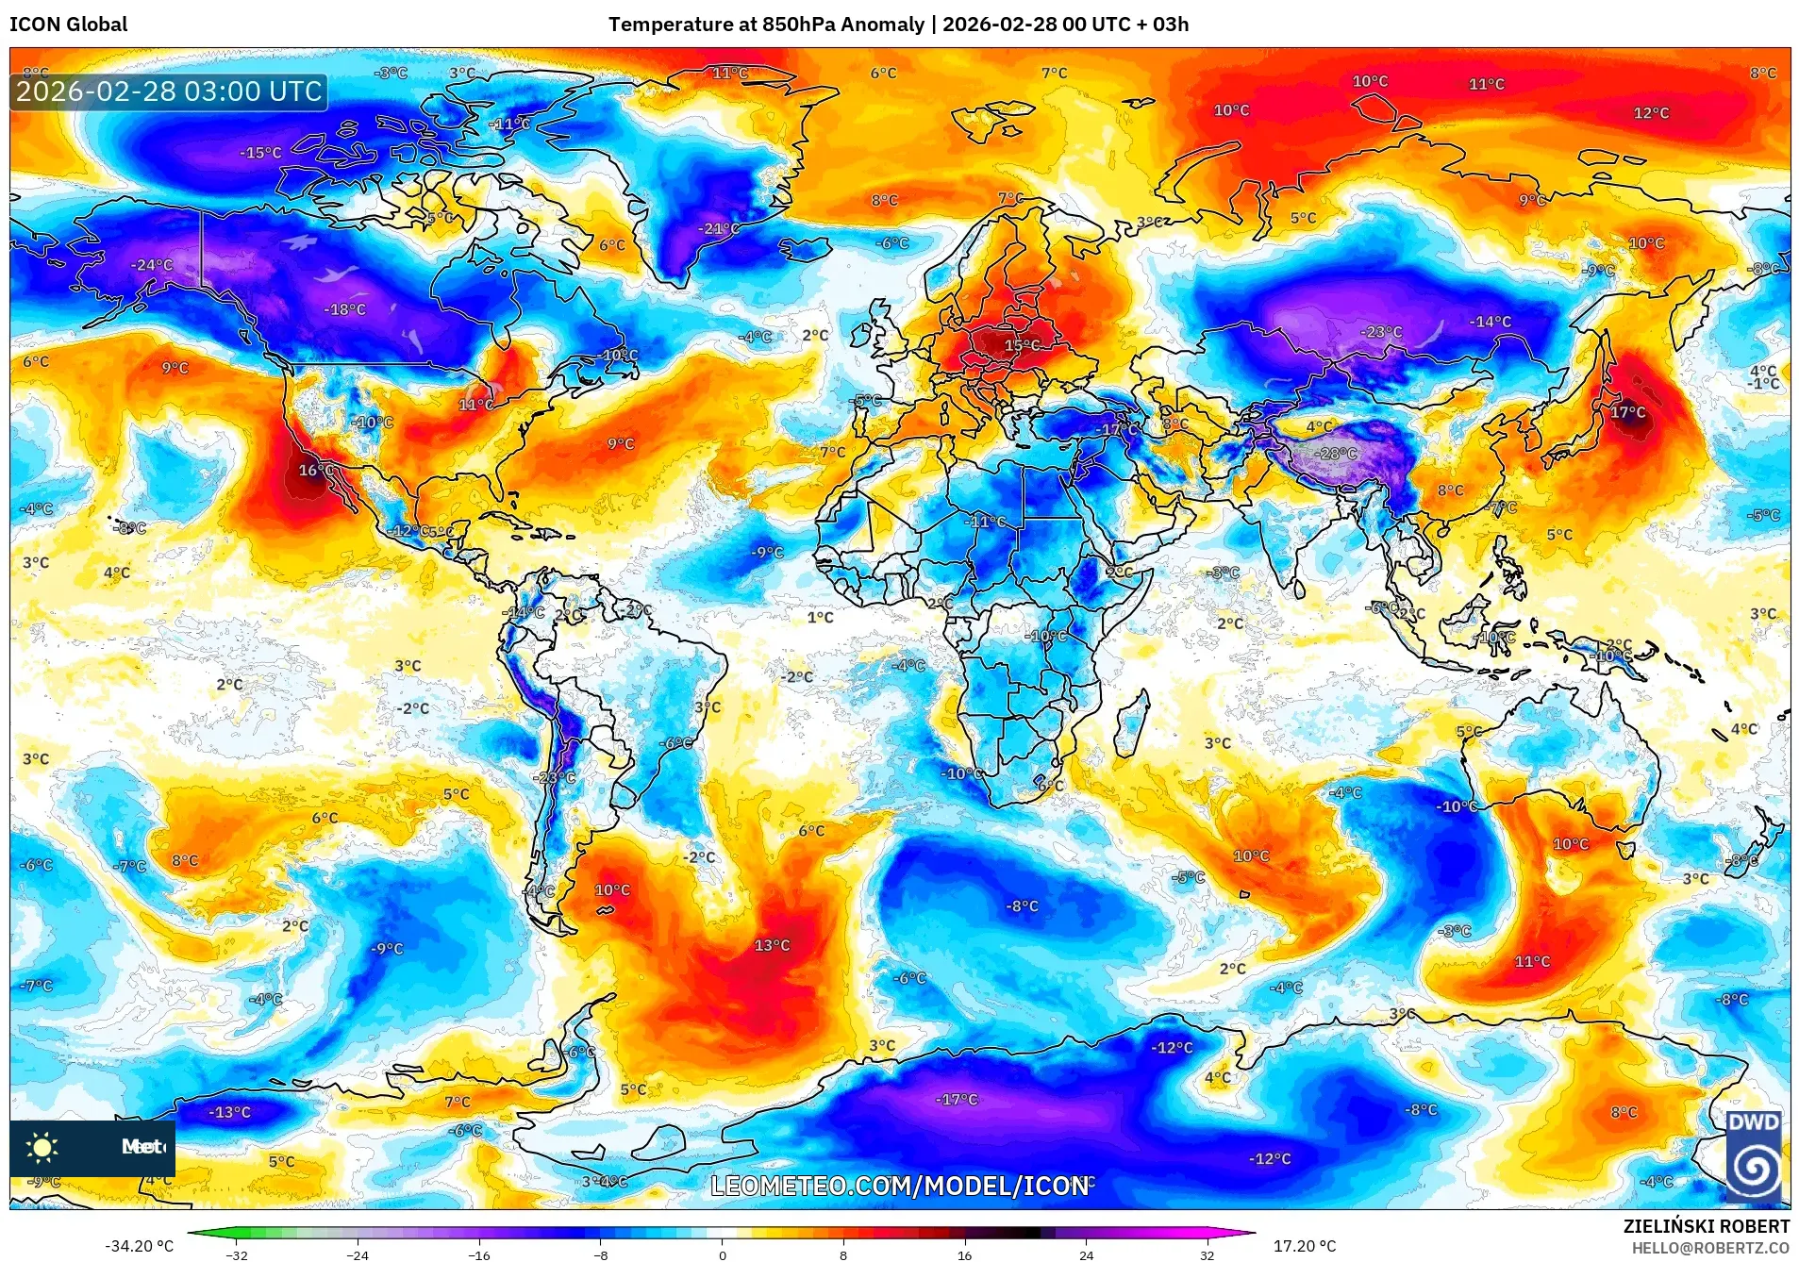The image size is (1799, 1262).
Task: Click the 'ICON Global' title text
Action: pos(68,25)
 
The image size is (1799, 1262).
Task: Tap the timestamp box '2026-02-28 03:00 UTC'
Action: pos(169,91)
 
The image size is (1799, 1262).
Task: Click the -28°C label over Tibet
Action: pos(1337,454)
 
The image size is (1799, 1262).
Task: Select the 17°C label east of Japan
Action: pos(1627,412)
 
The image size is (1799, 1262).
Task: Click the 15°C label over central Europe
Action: pos(1022,345)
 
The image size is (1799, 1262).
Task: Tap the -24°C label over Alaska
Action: pos(152,265)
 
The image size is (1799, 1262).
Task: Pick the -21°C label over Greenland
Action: pos(719,228)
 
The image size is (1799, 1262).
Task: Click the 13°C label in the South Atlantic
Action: pos(772,945)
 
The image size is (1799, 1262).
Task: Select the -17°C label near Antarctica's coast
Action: pos(957,1099)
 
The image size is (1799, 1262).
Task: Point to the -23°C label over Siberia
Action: pos(1381,332)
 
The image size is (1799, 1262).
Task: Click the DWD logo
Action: pos(1753,1158)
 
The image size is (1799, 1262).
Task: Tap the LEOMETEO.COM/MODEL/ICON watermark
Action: pos(899,1186)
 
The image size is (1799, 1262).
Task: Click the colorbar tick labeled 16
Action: pos(964,1254)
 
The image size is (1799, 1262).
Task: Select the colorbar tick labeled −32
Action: pos(236,1254)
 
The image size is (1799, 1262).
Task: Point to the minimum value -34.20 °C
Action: pos(139,1246)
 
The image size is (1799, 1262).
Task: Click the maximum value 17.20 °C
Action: pos(1305,1246)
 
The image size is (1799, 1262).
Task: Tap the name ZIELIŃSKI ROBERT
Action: pos(1706,1226)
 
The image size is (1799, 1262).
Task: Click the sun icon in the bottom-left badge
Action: pos(42,1147)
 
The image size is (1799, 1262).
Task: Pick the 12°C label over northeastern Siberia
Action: pos(1651,113)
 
